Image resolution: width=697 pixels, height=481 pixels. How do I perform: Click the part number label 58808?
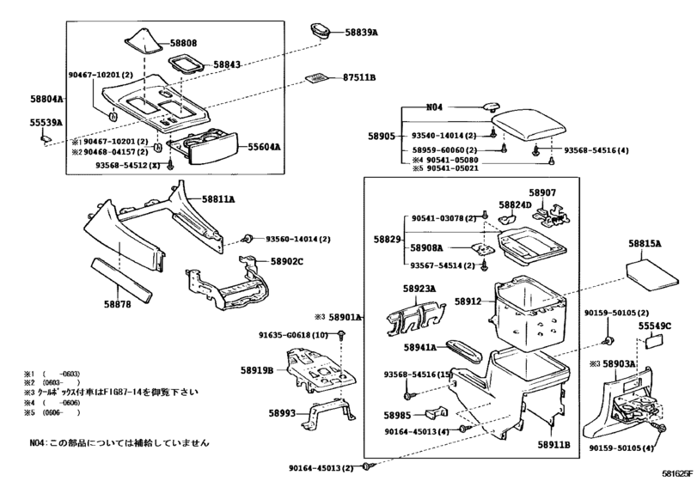point(182,42)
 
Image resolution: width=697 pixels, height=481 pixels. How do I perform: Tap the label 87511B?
point(359,77)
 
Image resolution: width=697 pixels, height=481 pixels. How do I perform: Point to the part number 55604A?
point(265,147)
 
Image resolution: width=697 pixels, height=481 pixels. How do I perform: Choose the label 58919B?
point(257,370)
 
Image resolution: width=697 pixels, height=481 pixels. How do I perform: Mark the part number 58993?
point(283,414)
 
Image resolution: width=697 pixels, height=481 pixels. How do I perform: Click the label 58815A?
point(645,244)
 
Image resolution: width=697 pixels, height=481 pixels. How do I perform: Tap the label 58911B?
point(554,446)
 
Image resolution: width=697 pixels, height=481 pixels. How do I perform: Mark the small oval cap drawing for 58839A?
point(323,31)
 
